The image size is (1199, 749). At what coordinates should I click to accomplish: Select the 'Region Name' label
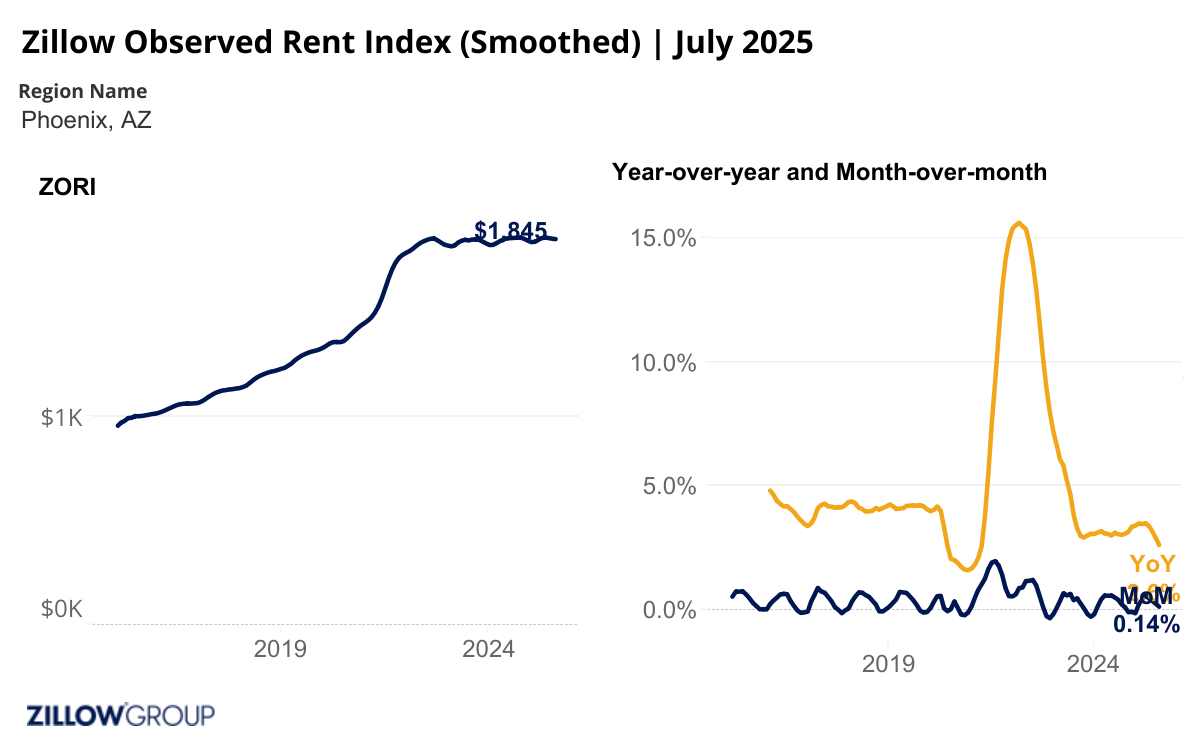click(x=83, y=91)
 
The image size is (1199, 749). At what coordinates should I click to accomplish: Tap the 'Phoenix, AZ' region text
click(x=86, y=120)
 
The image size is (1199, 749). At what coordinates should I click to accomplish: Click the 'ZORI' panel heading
click(x=66, y=187)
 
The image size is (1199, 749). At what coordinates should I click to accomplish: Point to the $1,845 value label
click(x=511, y=231)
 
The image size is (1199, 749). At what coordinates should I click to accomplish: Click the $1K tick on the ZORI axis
click(x=62, y=417)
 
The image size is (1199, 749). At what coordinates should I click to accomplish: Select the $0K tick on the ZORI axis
click(x=62, y=610)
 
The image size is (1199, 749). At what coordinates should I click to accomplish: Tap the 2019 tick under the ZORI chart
click(x=280, y=649)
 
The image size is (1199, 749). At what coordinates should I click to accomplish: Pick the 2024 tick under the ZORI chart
click(x=488, y=649)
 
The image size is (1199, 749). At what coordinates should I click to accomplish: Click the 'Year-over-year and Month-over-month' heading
click(x=829, y=172)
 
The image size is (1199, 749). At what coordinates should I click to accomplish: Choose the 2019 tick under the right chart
click(x=889, y=663)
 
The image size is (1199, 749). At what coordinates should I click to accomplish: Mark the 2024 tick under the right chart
click(x=1093, y=663)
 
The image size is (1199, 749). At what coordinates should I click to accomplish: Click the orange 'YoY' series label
click(x=1152, y=564)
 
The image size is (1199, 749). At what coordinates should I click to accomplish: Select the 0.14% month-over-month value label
click(x=1146, y=624)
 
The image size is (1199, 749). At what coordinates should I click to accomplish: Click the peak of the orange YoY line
click(x=1018, y=223)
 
